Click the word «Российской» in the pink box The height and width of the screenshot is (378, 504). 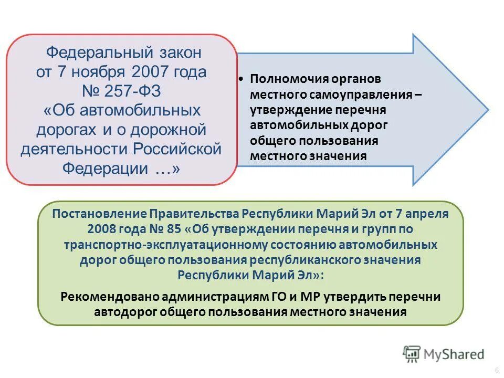[x=177, y=149]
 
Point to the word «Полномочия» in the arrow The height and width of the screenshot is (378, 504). [x=282, y=79]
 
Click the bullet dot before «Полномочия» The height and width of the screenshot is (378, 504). [x=240, y=79]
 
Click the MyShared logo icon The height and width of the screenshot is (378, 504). [x=412, y=354]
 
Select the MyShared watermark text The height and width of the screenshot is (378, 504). [x=455, y=354]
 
